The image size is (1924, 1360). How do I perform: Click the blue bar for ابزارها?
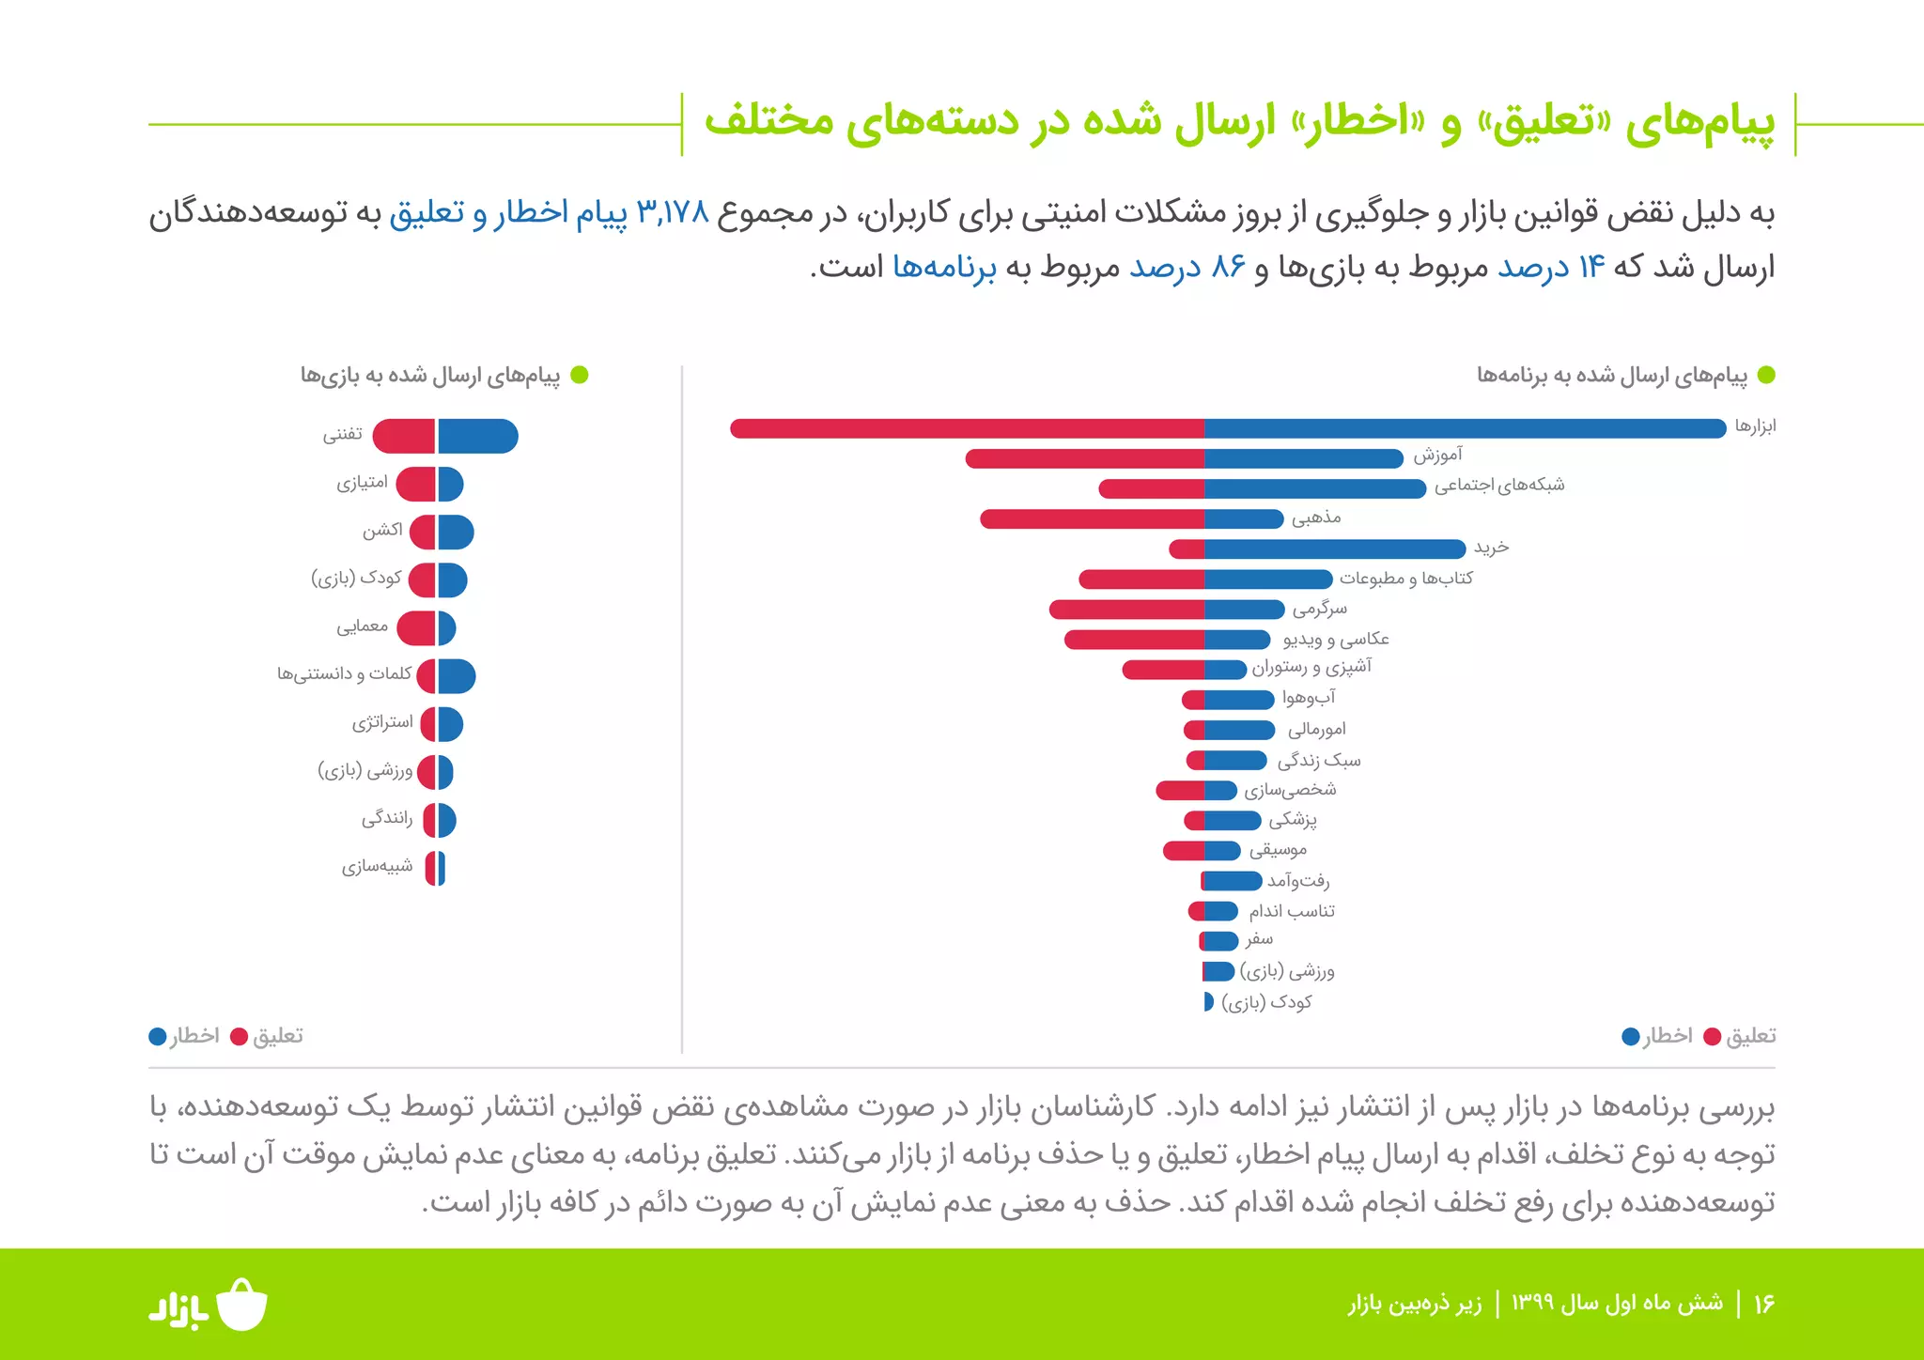tap(1466, 428)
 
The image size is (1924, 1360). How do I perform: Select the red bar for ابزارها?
tap(968, 428)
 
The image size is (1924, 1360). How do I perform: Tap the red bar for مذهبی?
tap(1092, 519)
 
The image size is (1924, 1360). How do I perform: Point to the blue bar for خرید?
tap(1334, 549)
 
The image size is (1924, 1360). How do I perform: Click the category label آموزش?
tap(1437, 456)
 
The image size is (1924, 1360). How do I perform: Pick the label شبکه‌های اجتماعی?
tap(1498, 486)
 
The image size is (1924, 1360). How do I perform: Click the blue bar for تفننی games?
tap(477, 436)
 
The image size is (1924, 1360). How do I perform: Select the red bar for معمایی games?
tap(416, 628)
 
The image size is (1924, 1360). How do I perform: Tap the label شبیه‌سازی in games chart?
tap(377, 867)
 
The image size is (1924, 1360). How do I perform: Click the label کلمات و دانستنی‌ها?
tap(344, 674)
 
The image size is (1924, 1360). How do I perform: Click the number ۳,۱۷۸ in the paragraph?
tap(673, 213)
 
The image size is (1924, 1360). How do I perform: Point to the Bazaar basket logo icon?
tap(242, 1305)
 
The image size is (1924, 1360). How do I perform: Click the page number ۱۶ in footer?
tap(1763, 1304)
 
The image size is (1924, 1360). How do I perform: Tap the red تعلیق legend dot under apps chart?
tap(1712, 1037)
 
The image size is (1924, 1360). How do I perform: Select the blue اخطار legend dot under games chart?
tap(158, 1037)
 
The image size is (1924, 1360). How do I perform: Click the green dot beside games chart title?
tap(580, 376)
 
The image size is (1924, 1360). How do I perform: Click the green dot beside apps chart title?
tap(1766, 376)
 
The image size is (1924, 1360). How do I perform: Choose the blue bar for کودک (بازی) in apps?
tap(1209, 1002)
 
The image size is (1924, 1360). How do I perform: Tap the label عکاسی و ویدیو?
tap(1335, 640)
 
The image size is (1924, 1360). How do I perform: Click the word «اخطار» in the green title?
tap(1358, 122)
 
